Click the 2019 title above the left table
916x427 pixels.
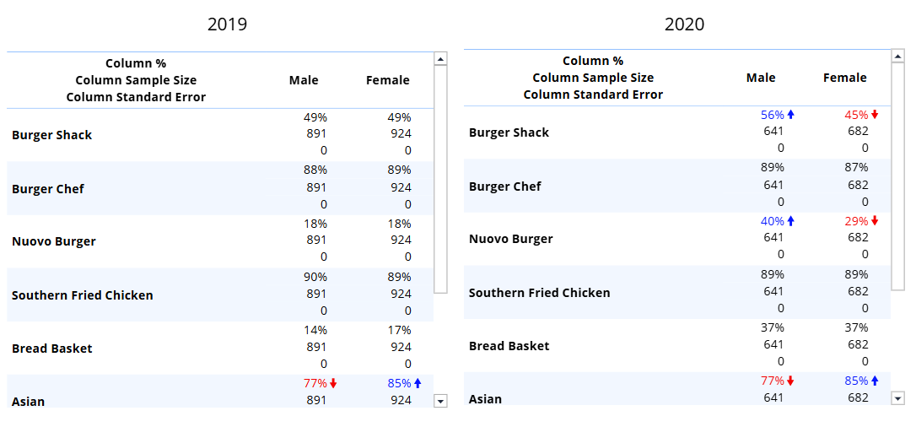[227, 24]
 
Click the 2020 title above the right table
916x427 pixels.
[684, 24]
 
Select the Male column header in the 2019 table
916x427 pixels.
[304, 80]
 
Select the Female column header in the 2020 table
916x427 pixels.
[844, 78]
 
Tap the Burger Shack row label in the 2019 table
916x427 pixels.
[51, 135]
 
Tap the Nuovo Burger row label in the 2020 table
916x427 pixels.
[510, 239]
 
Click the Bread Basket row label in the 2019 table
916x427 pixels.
[51, 349]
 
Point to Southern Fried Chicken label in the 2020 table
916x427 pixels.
[539, 293]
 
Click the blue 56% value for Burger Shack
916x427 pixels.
[772, 115]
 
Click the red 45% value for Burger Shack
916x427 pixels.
[856, 115]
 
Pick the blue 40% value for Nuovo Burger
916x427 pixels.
[772, 221]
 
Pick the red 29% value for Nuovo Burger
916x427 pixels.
[856, 221]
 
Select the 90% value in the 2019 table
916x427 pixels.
[315, 277]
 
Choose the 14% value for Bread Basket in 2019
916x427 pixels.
[315, 330]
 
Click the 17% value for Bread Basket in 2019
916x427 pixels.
[400, 330]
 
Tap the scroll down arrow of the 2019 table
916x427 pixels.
[439, 401]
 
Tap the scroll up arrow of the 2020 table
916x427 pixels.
[897, 57]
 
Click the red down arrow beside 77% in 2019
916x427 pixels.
[333, 383]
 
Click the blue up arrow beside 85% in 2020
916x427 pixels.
[875, 381]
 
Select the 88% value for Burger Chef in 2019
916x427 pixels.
[315, 170]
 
